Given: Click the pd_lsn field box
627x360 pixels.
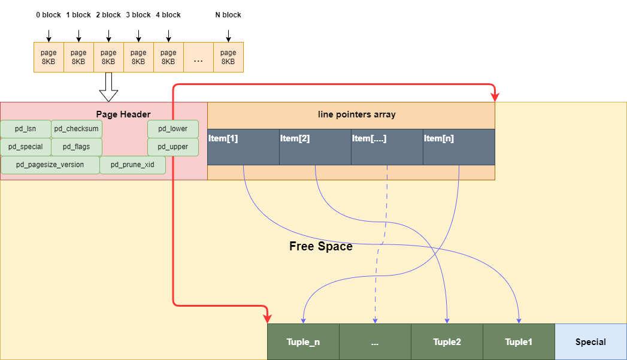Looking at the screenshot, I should click(x=26, y=129).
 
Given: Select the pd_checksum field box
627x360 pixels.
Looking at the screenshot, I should click(x=76, y=129).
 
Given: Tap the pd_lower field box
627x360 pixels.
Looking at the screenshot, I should click(x=172, y=129).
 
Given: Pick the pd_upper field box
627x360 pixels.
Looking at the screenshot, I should click(x=172, y=147).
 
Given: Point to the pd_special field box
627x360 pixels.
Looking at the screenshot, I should click(x=26, y=147).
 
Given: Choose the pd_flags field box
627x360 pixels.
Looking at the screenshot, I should click(x=76, y=147).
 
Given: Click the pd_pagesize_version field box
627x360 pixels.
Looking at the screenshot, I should click(x=50, y=165).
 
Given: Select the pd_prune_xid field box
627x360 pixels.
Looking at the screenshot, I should click(x=132, y=165).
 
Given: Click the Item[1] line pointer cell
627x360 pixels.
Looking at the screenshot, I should click(x=243, y=147).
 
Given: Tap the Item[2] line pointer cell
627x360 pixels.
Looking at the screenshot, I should click(x=315, y=147).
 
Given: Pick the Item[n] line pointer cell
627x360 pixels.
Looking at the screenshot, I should click(x=459, y=147).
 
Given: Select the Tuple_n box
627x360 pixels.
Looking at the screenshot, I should click(x=303, y=342).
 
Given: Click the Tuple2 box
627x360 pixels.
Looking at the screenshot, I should click(x=447, y=342).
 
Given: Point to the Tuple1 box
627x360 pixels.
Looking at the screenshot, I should click(x=519, y=342).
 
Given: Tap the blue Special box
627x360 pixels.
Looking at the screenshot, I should click(x=590, y=342).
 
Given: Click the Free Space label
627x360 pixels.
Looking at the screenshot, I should click(x=321, y=246).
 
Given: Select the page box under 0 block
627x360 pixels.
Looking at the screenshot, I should click(x=49, y=57).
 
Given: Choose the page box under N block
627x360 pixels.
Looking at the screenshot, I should click(x=228, y=57).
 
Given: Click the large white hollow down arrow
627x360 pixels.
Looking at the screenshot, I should click(x=108, y=87).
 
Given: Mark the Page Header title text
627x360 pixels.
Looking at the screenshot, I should click(x=123, y=114).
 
